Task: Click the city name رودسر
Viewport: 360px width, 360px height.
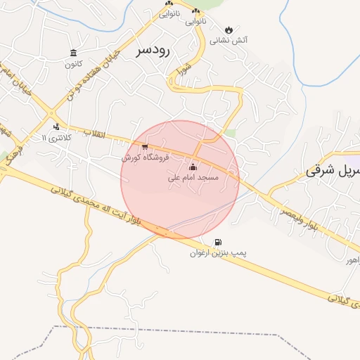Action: [154, 50]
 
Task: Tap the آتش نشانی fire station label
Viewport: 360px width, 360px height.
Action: [229, 40]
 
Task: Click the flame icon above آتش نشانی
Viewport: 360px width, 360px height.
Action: [229, 30]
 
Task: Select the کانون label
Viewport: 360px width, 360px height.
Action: [74, 64]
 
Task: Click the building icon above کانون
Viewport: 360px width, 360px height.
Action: [74, 53]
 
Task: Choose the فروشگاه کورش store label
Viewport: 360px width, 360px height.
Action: [146, 158]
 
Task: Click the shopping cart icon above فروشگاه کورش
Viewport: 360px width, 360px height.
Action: [145, 148]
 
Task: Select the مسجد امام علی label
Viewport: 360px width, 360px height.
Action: [193, 178]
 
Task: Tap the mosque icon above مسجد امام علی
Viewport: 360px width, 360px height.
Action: [193, 167]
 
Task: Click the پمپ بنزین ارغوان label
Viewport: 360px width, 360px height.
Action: [217, 252]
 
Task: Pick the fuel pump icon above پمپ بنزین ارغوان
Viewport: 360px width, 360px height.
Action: [217, 242]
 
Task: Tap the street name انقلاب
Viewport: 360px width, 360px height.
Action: [94, 134]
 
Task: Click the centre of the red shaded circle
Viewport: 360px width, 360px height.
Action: [181, 179]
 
